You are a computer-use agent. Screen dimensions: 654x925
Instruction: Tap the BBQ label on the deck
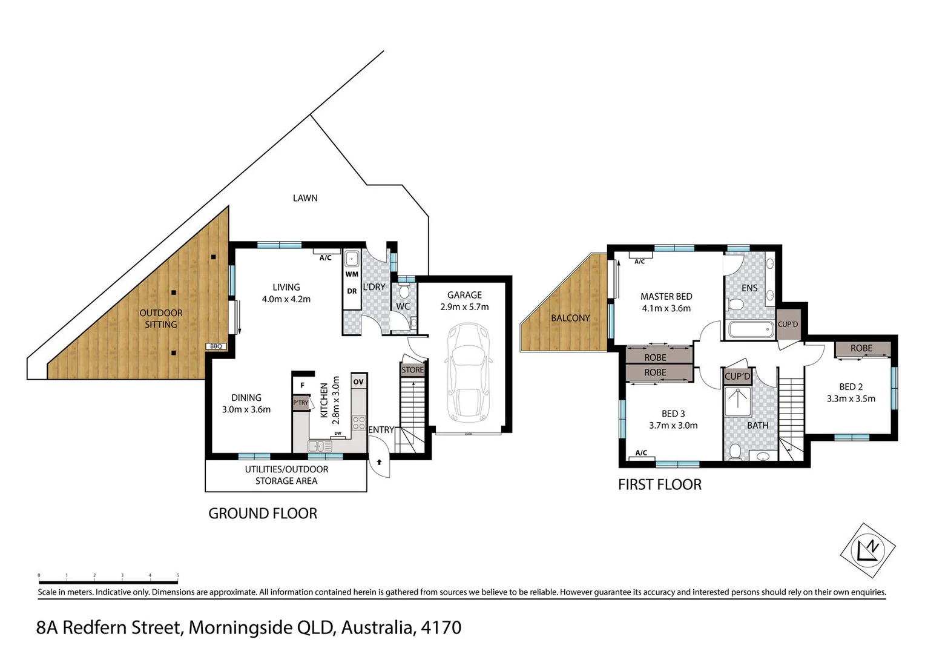[216, 346]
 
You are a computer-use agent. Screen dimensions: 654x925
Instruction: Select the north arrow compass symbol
[867, 550]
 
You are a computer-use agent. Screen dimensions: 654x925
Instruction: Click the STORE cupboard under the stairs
[413, 369]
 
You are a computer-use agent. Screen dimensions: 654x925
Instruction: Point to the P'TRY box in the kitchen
[301, 403]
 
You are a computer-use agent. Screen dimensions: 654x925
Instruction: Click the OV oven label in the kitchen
[358, 381]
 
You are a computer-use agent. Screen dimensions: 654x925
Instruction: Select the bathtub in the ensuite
[751, 329]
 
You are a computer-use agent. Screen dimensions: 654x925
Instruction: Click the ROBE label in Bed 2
[861, 348]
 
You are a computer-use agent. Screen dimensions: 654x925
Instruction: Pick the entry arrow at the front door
[380, 463]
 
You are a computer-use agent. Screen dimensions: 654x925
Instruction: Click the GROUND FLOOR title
[263, 514]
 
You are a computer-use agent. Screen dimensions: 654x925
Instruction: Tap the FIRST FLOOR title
[659, 484]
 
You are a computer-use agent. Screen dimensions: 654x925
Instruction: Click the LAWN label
[305, 198]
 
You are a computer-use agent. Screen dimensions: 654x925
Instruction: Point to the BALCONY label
[570, 318]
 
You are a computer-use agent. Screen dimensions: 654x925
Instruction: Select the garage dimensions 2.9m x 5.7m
[464, 307]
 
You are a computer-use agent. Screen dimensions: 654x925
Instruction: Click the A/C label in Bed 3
[641, 453]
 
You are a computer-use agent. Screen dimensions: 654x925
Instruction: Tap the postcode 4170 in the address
[441, 627]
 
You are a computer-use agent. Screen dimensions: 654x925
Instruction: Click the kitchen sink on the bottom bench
[319, 446]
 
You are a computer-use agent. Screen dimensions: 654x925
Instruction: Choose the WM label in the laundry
[352, 274]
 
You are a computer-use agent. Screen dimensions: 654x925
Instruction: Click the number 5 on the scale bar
[177, 575]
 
